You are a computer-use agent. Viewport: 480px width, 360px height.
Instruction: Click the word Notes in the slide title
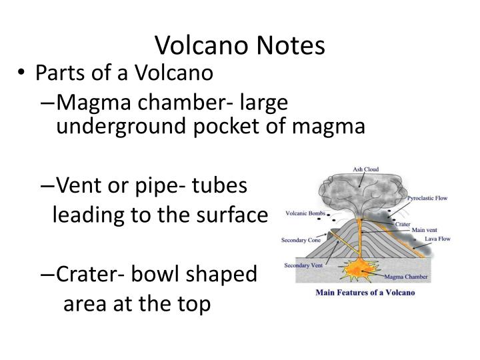click(289, 45)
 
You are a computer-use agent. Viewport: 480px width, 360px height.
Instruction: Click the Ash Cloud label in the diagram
click(367, 169)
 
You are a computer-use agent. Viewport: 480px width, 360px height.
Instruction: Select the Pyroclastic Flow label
click(427, 198)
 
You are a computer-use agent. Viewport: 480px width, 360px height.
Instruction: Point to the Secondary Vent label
click(303, 265)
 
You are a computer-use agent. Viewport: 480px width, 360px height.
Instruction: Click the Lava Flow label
click(437, 238)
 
